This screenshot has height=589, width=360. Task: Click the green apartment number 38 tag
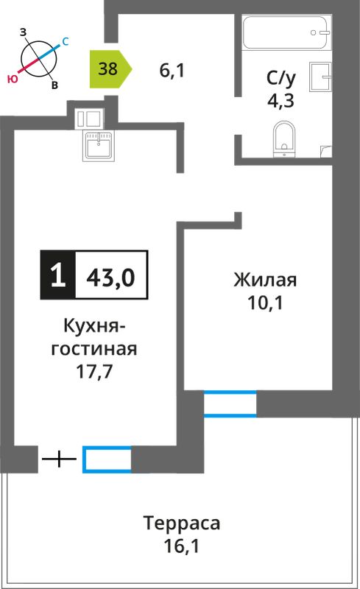[110, 69]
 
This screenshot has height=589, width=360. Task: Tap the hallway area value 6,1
[172, 70]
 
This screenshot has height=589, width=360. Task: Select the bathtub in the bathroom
[286, 32]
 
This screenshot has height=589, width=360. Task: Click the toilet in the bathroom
[284, 138]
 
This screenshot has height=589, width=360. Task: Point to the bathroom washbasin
[320, 77]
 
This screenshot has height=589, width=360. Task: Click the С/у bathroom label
[280, 78]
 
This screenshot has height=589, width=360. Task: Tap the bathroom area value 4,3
[280, 101]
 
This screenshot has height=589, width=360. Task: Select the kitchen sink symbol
[99, 146]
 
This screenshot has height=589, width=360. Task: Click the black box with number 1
[58, 275]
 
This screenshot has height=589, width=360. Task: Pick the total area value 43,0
[110, 278]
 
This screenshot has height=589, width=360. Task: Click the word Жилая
[265, 280]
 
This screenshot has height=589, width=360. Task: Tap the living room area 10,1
[265, 303]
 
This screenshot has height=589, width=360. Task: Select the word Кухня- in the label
[94, 325]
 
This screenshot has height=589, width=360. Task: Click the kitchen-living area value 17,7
[94, 372]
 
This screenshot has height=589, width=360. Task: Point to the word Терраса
[182, 523]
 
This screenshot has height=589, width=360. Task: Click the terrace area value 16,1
[181, 546]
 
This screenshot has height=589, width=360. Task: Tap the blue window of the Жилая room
[230, 403]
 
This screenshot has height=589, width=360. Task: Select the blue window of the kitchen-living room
[107, 459]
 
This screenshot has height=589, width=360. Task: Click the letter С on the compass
[65, 42]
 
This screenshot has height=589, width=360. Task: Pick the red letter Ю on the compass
[12, 79]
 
